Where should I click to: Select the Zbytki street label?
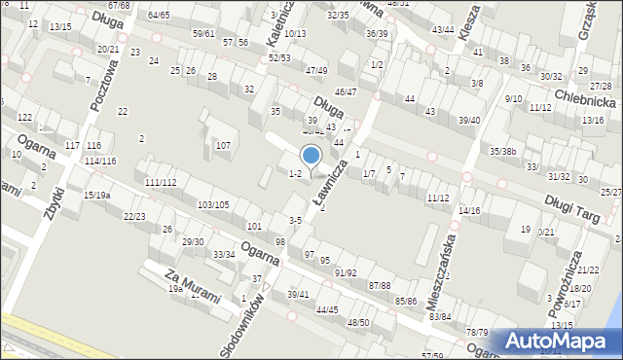tap(50, 178)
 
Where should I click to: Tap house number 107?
tap(223, 146)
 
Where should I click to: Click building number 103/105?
tap(213, 204)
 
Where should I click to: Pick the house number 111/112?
tap(160, 183)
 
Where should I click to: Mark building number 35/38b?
tap(503, 151)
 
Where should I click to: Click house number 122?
tap(24, 117)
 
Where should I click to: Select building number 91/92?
tap(345, 273)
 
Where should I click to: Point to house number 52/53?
tap(279, 58)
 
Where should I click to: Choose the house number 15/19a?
tap(96, 196)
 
